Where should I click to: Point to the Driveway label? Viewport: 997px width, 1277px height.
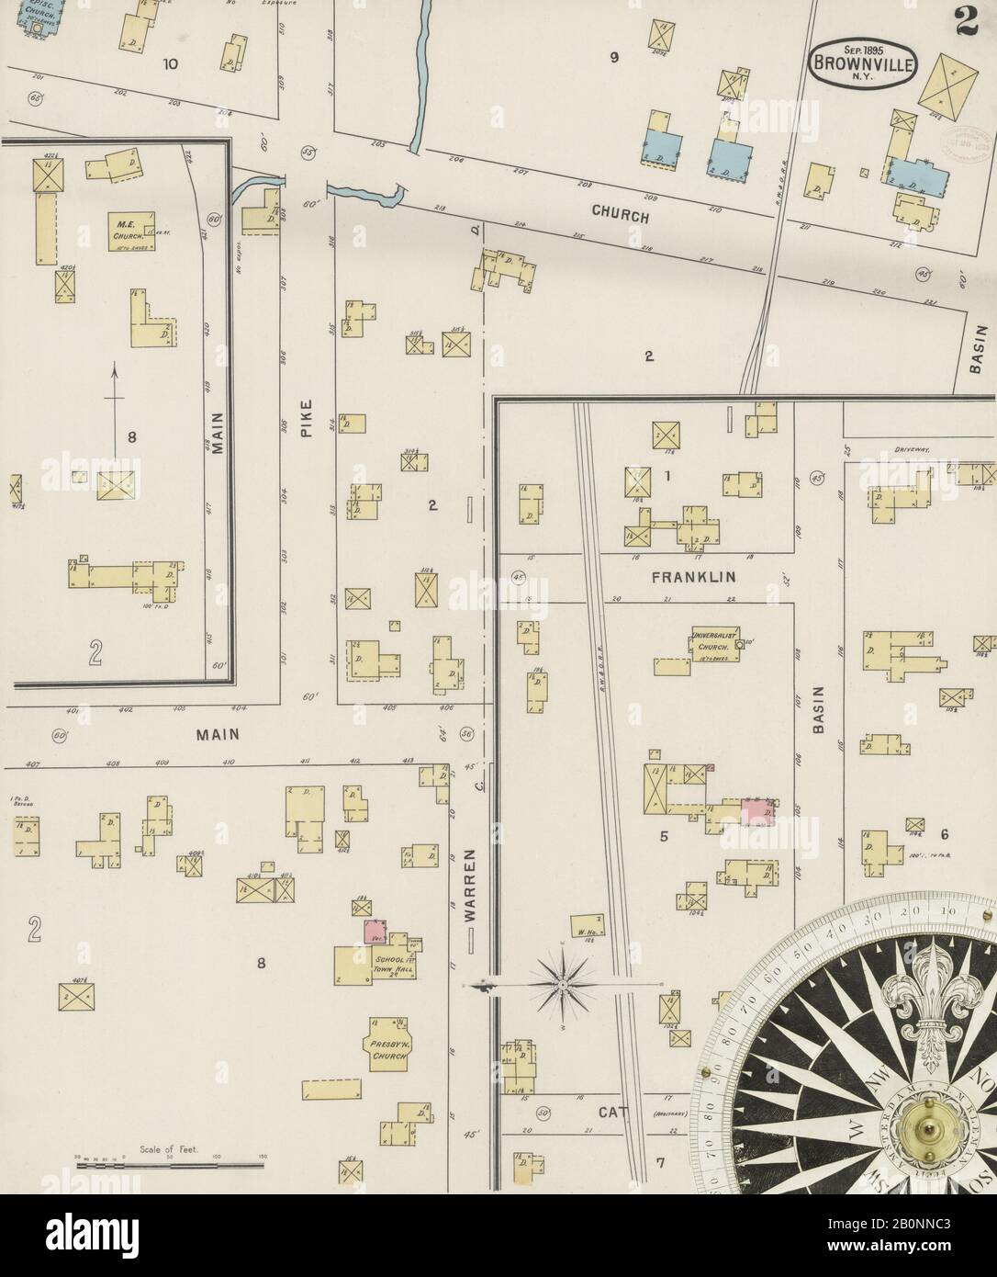911,450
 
